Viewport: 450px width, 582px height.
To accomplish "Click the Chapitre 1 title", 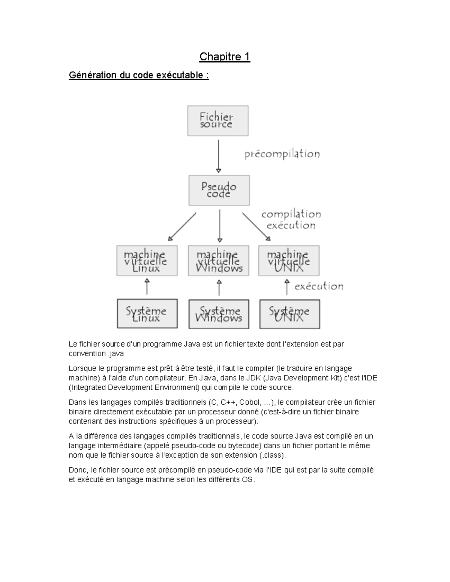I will [x=224, y=57].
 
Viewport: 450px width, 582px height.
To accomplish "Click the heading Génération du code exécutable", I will [x=139, y=75].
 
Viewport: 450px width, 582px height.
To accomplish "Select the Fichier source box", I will [x=217, y=121].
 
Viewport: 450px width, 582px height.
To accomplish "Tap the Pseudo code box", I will [x=219, y=190].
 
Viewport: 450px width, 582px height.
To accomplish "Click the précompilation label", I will [x=282, y=154].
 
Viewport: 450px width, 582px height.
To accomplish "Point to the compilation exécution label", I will [x=291, y=220].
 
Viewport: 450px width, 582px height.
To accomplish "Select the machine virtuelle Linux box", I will [x=147, y=261].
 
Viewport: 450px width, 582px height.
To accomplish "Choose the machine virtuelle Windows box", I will [x=218, y=261].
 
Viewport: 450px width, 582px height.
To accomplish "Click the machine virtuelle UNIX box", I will [x=289, y=261].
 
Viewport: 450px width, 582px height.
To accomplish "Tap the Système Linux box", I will [x=147, y=314].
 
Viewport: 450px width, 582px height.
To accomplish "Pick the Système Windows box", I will [x=219, y=314].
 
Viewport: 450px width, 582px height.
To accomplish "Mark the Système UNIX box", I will [x=289, y=314].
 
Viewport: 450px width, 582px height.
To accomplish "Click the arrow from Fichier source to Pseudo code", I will [x=219, y=156].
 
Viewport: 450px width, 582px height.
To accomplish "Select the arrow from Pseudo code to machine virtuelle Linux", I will [x=182, y=226].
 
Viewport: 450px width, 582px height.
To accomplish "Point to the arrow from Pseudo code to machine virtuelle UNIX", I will [x=256, y=226].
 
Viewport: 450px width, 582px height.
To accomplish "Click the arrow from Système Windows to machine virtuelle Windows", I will [x=219, y=288].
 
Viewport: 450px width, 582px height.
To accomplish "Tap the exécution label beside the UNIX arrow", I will [x=319, y=287].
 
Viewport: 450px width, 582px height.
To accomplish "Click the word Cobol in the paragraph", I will [x=249, y=402].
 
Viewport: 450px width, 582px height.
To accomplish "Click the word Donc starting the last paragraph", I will [x=78, y=470].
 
